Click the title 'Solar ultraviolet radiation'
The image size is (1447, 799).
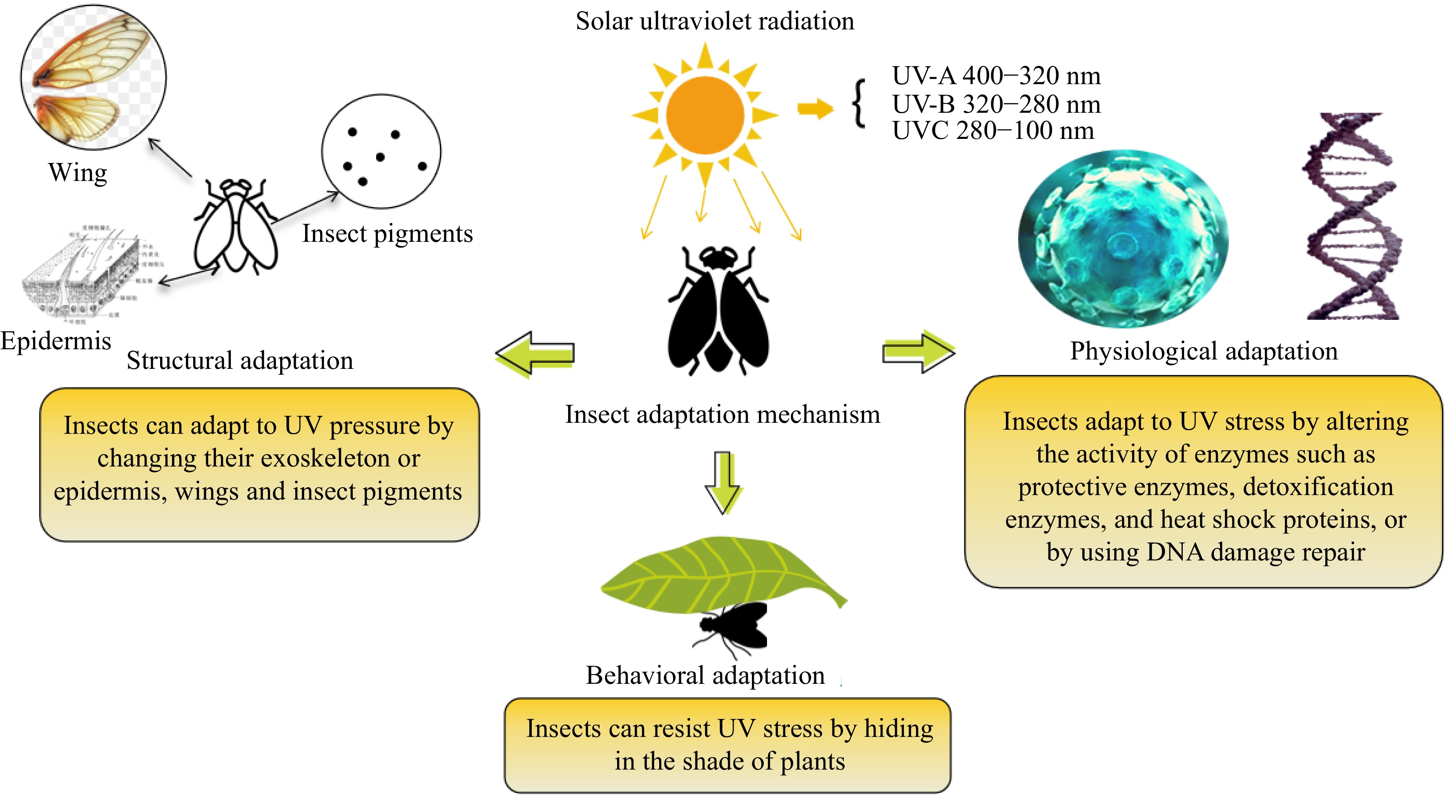point(714,21)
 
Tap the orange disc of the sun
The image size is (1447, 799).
point(705,115)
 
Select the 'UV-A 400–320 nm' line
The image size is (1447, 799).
point(996,76)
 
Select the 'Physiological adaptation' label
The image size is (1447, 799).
point(1203,351)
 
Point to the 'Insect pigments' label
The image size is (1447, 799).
point(387,234)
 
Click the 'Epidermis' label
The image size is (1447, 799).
point(56,341)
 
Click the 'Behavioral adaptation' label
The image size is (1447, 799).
point(705,675)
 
